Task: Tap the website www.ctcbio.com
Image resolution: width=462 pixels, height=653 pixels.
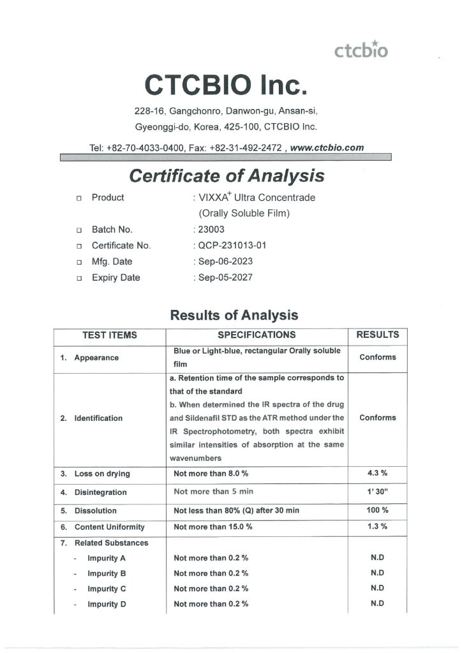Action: (327, 147)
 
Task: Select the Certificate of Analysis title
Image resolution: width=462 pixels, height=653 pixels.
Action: (227, 175)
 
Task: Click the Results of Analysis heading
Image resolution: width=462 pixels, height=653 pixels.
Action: (234, 315)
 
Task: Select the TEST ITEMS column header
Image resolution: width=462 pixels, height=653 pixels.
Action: (110, 335)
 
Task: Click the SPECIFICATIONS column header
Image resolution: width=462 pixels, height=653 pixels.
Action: (257, 335)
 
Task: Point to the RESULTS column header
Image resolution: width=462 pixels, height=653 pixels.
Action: (377, 335)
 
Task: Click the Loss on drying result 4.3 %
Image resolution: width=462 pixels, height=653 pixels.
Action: (377, 473)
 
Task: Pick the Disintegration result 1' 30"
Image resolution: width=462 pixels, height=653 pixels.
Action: (377, 492)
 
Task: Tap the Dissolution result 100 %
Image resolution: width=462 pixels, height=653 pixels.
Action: (377, 510)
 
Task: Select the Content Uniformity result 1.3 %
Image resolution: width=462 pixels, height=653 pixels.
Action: (377, 527)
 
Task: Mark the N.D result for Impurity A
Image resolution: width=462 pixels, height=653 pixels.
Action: (377, 558)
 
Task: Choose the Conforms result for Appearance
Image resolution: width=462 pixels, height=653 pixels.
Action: (377, 357)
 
